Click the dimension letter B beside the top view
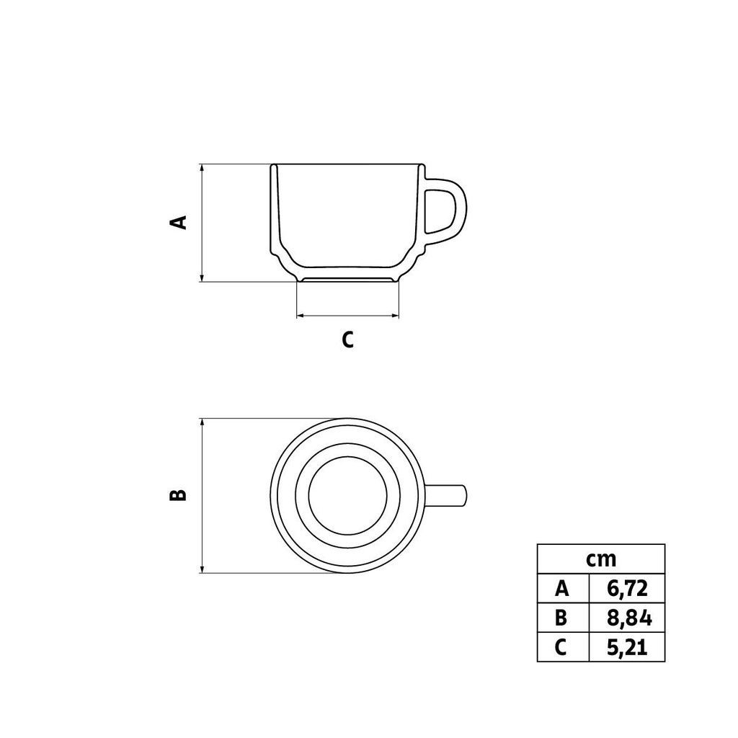pos(178,495)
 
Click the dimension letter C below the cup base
pos(347,339)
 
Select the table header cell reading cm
pos(600,559)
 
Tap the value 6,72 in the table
pos(626,589)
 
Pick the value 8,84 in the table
pos(626,618)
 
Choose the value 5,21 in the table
pos(626,648)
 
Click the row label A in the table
pos(562,589)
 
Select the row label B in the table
pos(562,618)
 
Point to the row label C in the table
pos(562,648)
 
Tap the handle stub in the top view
pos(448,495)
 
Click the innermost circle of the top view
pos(347,495)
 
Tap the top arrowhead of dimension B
pos(203,422)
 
